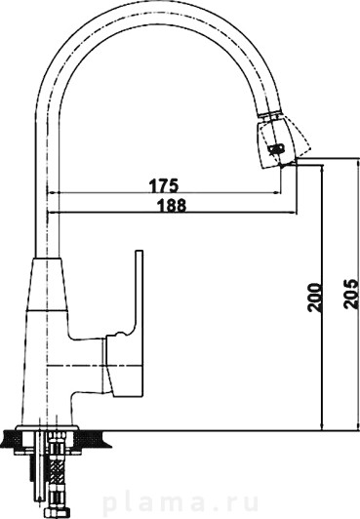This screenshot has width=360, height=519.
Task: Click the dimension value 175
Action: [x=164, y=185]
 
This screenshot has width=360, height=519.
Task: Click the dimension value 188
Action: [x=172, y=206]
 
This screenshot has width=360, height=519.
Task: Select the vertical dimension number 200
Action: [x=314, y=297]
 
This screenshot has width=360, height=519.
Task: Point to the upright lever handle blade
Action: [x=139, y=292]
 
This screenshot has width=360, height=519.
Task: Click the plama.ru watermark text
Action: [x=180, y=503]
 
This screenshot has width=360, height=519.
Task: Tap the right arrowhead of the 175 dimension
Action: [x=277, y=192]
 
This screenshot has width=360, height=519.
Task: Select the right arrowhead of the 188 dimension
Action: [x=293, y=213]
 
